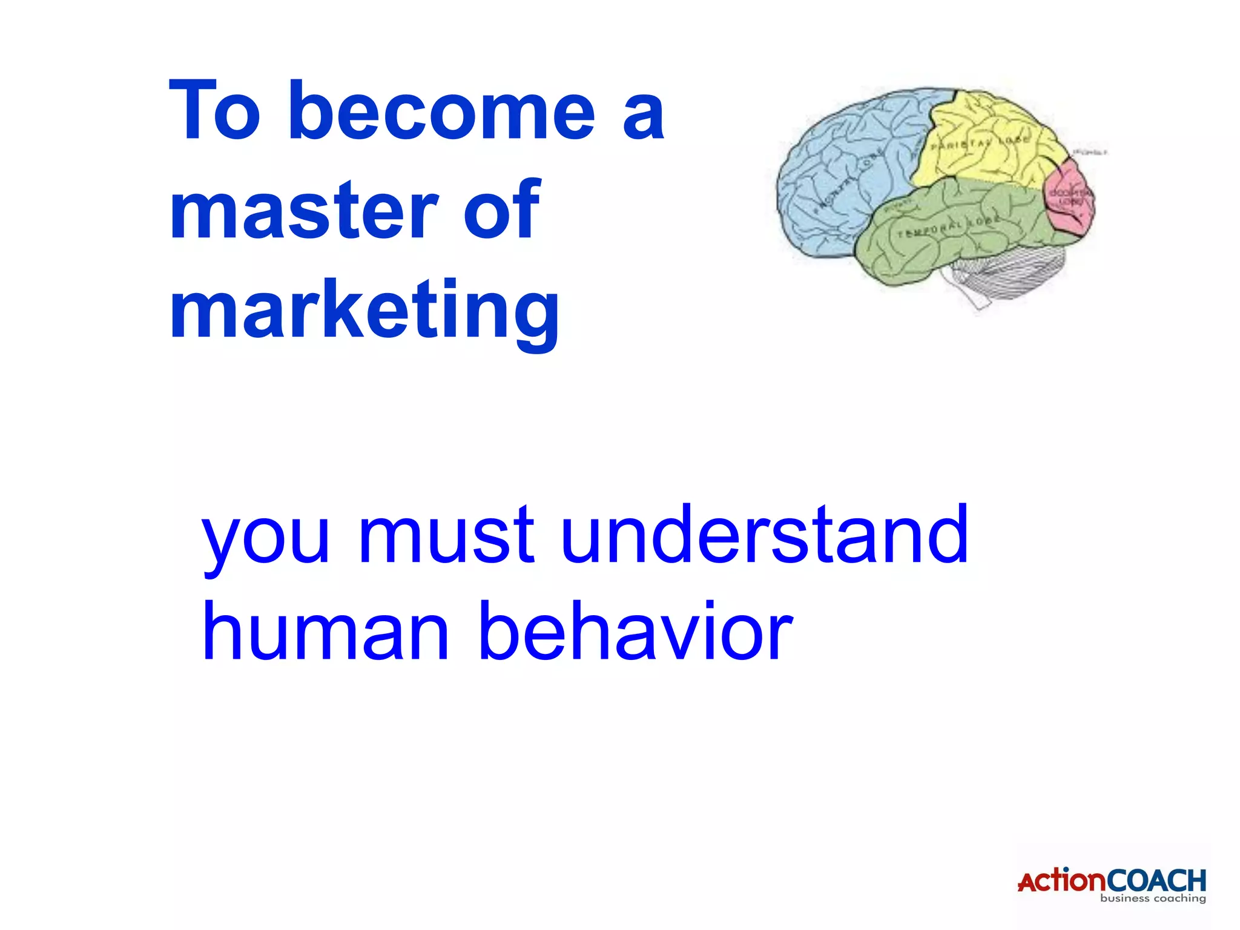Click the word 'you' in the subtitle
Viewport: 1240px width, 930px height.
pos(266,536)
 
